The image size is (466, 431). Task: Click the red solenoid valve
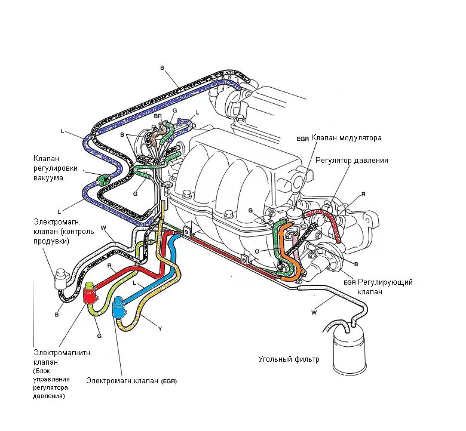coord(90,295)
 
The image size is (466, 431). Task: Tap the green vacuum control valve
coord(102,178)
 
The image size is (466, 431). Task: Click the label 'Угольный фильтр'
coord(289,359)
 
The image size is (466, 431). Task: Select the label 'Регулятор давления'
coord(352,161)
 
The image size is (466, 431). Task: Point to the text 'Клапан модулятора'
coord(346,138)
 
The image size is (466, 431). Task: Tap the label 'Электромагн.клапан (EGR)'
coord(132,380)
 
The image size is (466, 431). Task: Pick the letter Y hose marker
coord(160,327)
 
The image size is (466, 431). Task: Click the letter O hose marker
coord(257,251)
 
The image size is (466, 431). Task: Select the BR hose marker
coord(157,116)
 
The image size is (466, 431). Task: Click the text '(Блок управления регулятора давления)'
coord(51,383)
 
